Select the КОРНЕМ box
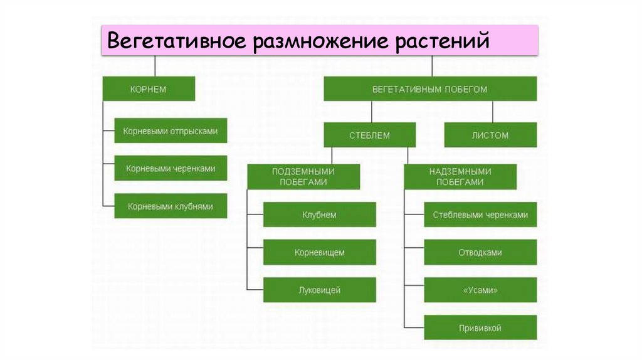pyautogui.click(x=149, y=89)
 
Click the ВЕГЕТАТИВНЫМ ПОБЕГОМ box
pyautogui.click(x=429, y=89)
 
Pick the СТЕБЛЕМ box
pyautogui.click(x=369, y=135)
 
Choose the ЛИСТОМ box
pyautogui.click(x=490, y=135)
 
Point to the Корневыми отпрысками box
pyautogui.click(x=171, y=131)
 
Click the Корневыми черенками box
pyautogui.click(x=171, y=168)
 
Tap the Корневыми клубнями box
pyautogui.click(x=171, y=206)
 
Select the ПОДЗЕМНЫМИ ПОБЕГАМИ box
pyautogui.click(x=303, y=177)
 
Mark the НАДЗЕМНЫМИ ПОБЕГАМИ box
pyautogui.click(x=460, y=177)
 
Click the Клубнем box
pyautogui.click(x=319, y=214)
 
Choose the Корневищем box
pyautogui.click(x=319, y=252)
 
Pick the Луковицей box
pyautogui.click(x=319, y=290)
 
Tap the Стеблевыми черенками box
pyautogui.click(x=480, y=214)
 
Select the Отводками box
pyautogui.click(x=480, y=252)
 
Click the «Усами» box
pyautogui.click(x=480, y=290)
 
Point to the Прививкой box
pyautogui.click(x=480, y=327)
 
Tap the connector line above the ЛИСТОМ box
pyautogui.click(x=493, y=112)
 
